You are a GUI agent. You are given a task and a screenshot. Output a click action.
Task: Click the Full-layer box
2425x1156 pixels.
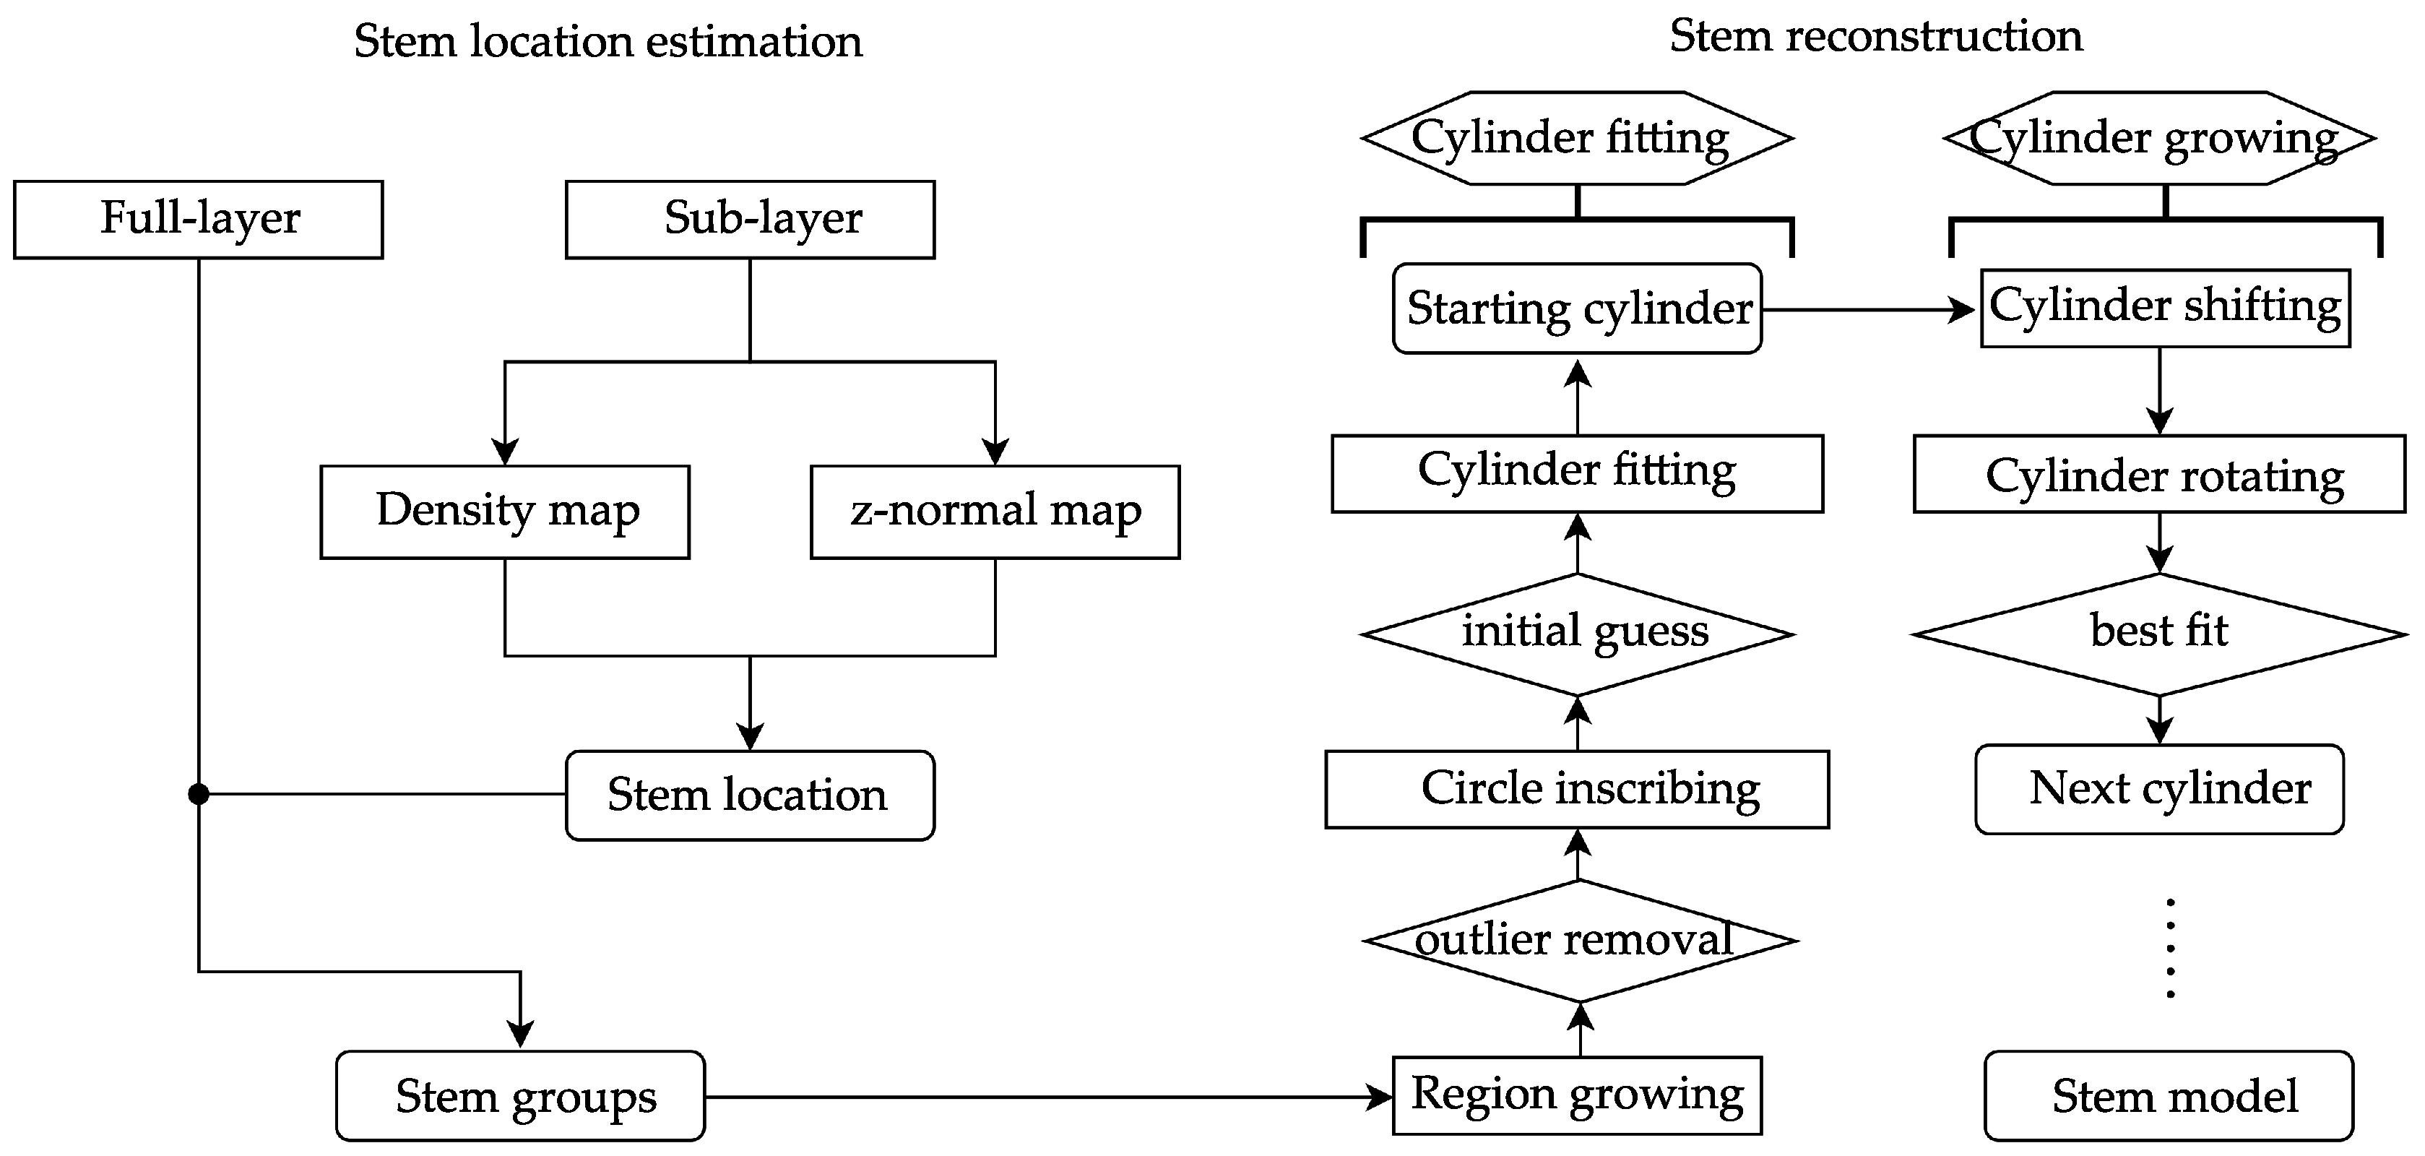tap(199, 220)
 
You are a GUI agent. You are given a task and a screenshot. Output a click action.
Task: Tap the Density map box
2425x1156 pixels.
tap(505, 511)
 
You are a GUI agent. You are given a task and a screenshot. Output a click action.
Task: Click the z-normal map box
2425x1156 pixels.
tap(995, 511)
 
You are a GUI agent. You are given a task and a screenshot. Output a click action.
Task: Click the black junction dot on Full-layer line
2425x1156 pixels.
tap(199, 795)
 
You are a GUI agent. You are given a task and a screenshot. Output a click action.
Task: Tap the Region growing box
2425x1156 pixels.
tap(1577, 1095)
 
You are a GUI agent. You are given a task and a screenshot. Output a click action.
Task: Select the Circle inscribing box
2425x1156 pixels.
tap(1577, 789)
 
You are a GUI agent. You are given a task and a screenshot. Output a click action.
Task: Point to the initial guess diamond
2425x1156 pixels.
tap(1577, 634)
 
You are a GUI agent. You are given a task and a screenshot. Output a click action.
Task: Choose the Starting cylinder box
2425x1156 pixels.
tap(1577, 309)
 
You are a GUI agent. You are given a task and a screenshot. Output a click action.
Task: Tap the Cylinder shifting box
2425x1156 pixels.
tap(2165, 308)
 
